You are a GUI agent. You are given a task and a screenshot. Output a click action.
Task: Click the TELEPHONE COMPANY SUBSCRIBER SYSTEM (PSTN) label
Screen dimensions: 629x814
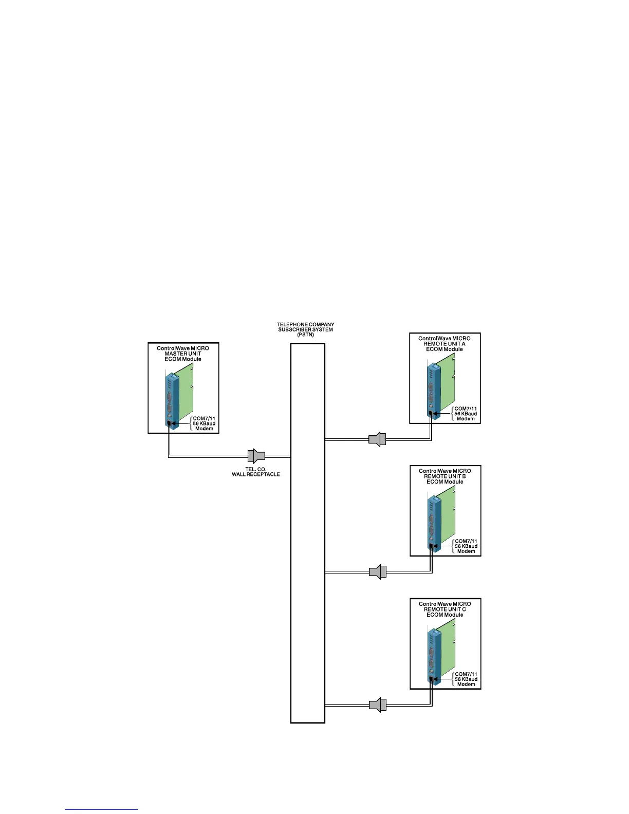click(305, 329)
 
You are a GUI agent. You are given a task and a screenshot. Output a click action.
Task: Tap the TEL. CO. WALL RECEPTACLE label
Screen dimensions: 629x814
click(255, 472)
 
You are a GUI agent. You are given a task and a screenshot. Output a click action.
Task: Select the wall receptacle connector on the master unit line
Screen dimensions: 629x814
click(256, 456)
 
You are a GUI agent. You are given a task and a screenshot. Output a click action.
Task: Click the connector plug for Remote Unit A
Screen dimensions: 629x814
click(377, 439)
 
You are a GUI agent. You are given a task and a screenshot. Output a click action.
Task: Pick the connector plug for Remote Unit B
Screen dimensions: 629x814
click(378, 572)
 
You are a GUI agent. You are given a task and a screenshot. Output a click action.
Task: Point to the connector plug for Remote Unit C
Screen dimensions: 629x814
click(378, 705)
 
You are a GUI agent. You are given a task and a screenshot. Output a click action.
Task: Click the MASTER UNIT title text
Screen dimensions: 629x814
click(183, 354)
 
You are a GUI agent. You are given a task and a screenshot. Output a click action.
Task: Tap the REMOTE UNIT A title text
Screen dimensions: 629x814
click(445, 344)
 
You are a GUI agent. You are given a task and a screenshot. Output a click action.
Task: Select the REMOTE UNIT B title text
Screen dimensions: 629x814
click(445, 476)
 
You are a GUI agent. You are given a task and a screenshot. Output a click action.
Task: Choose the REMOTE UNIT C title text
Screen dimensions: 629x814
click(445, 609)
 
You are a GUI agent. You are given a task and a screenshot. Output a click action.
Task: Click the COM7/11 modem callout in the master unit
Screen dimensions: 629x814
click(204, 423)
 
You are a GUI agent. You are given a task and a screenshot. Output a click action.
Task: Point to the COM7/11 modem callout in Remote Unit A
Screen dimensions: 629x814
click(466, 414)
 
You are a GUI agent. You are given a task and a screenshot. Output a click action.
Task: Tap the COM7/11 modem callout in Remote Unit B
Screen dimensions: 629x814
click(466, 546)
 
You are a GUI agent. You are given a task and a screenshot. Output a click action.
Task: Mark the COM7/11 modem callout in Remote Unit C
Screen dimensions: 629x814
click(466, 679)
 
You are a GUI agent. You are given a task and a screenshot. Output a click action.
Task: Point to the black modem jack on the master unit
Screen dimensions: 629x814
click(169, 423)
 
